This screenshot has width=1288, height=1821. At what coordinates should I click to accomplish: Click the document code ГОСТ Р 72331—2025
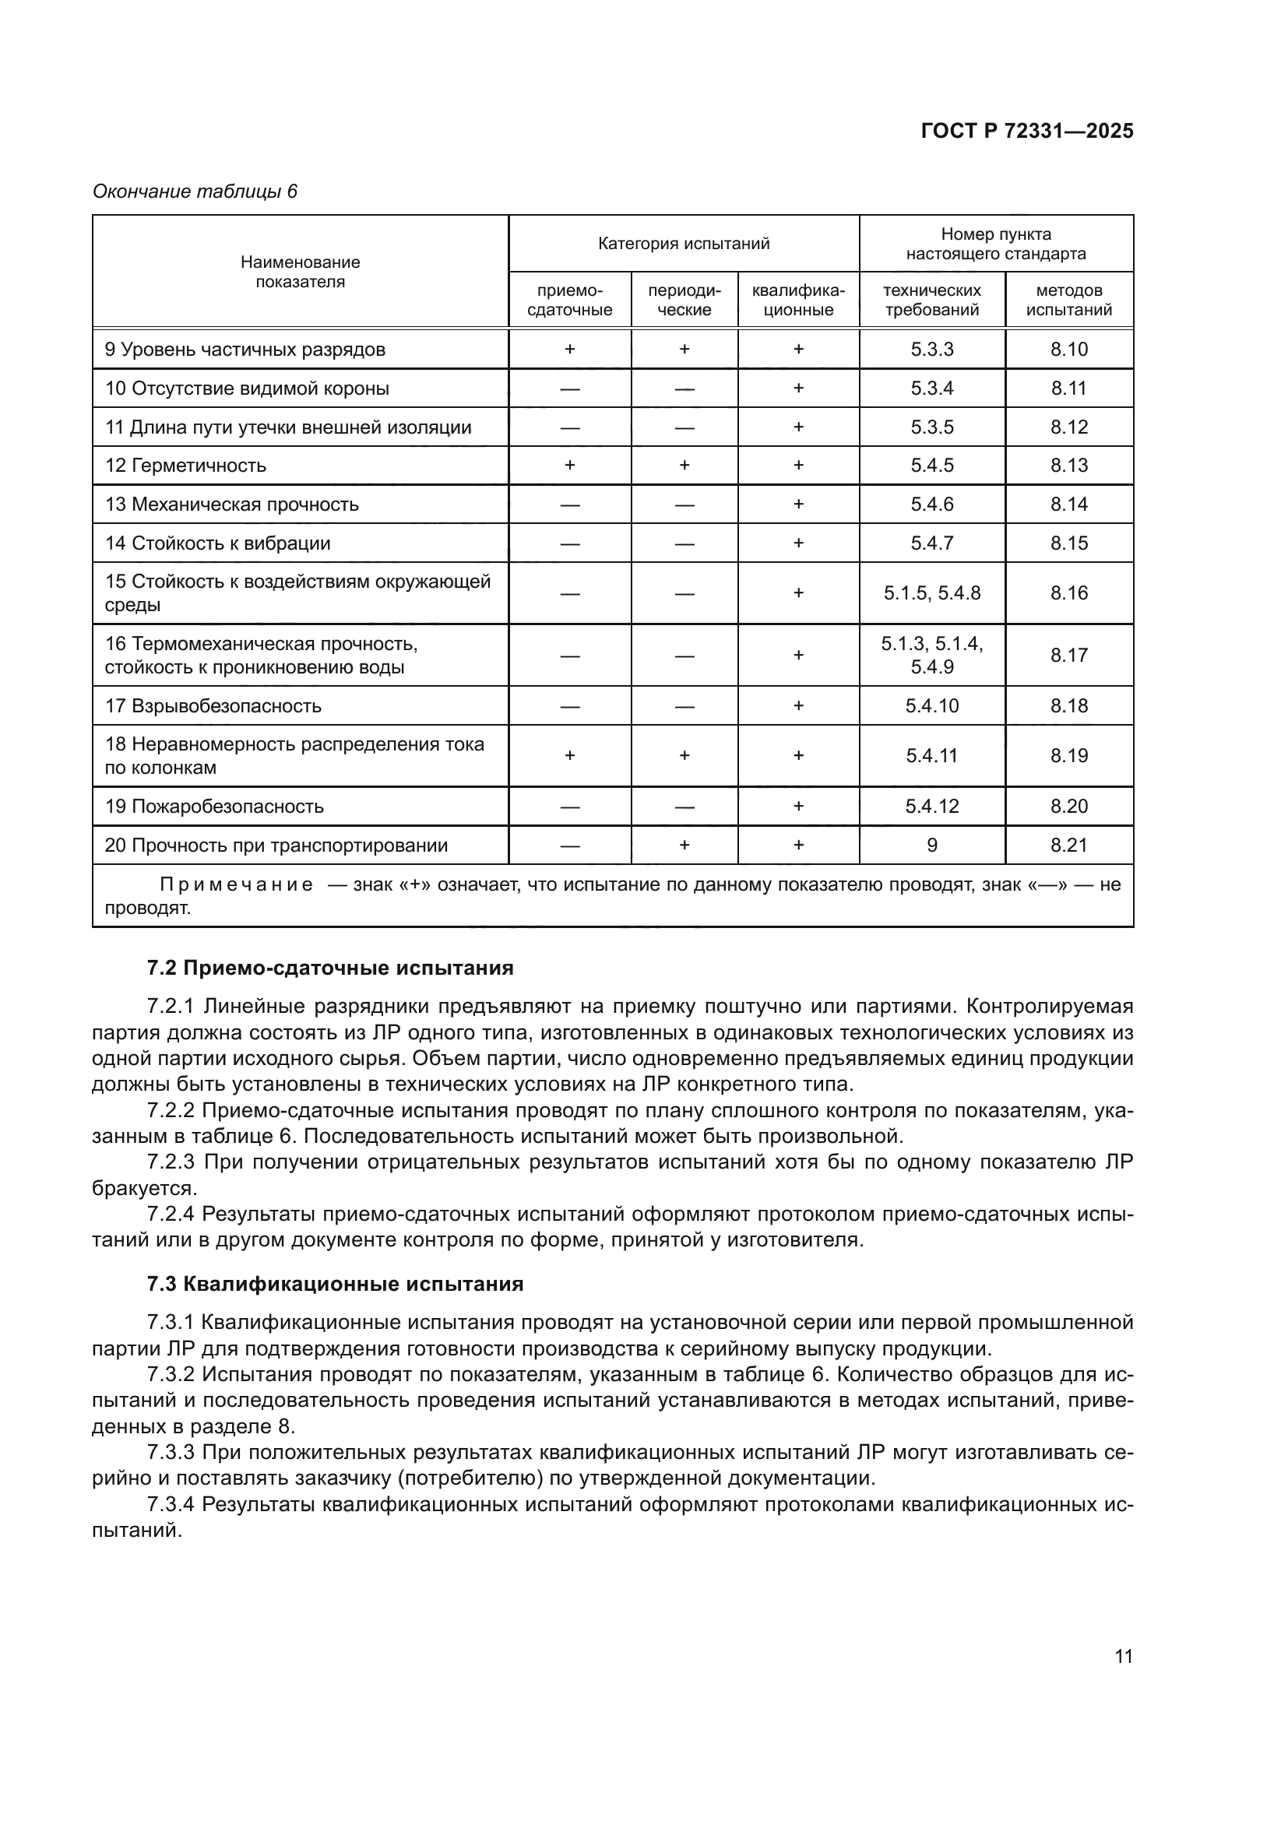pos(1026,132)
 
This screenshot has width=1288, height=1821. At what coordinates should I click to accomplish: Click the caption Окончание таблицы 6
pos(195,192)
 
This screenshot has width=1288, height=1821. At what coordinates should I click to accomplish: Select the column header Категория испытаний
pos(683,244)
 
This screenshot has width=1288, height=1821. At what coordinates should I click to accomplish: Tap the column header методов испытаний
pos(1068,300)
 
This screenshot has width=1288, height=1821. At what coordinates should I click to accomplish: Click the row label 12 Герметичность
pos(185,466)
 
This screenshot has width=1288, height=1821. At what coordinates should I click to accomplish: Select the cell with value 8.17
pos(1068,655)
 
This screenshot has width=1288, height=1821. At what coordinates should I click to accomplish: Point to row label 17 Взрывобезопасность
pos(213,706)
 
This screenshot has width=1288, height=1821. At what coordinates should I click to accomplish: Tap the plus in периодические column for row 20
pos(684,845)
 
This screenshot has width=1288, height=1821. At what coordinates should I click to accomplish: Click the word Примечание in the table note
pos(237,884)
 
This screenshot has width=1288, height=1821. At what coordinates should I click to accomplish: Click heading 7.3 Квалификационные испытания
pos(335,1284)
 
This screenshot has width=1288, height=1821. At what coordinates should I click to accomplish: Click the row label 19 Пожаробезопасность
pos(214,807)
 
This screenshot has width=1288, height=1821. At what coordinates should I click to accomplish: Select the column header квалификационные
pos(798,300)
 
